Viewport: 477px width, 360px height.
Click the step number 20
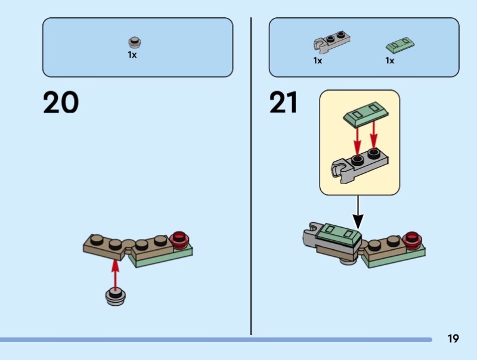pyautogui.click(x=61, y=102)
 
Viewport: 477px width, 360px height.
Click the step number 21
pyautogui.click(x=283, y=102)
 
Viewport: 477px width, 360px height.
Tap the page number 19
pyautogui.click(x=453, y=339)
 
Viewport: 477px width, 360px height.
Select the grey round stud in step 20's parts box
pyautogui.click(x=135, y=42)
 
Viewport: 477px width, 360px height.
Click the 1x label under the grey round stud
pyautogui.click(x=132, y=55)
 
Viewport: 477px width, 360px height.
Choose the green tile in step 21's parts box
pyautogui.click(x=400, y=45)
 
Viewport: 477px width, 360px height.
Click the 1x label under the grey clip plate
pyautogui.click(x=318, y=61)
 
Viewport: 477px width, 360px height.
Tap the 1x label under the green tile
pyautogui.click(x=390, y=61)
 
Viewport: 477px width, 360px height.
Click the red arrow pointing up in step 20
pyautogui.click(x=115, y=274)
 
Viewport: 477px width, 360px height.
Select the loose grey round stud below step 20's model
pyautogui.click(x=115, y=297)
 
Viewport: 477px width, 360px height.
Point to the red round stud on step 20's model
pyautogui.click(x=179, y=239)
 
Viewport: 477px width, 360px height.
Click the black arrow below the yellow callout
pyautogui.click(x=358, y=212)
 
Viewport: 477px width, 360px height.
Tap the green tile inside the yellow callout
pyautogui.click(x=366, y=113)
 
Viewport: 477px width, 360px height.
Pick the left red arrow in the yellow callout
pyautogui.click(x=357, y=138)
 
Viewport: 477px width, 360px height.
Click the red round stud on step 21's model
pyautogui.click(x=412, y=239)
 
